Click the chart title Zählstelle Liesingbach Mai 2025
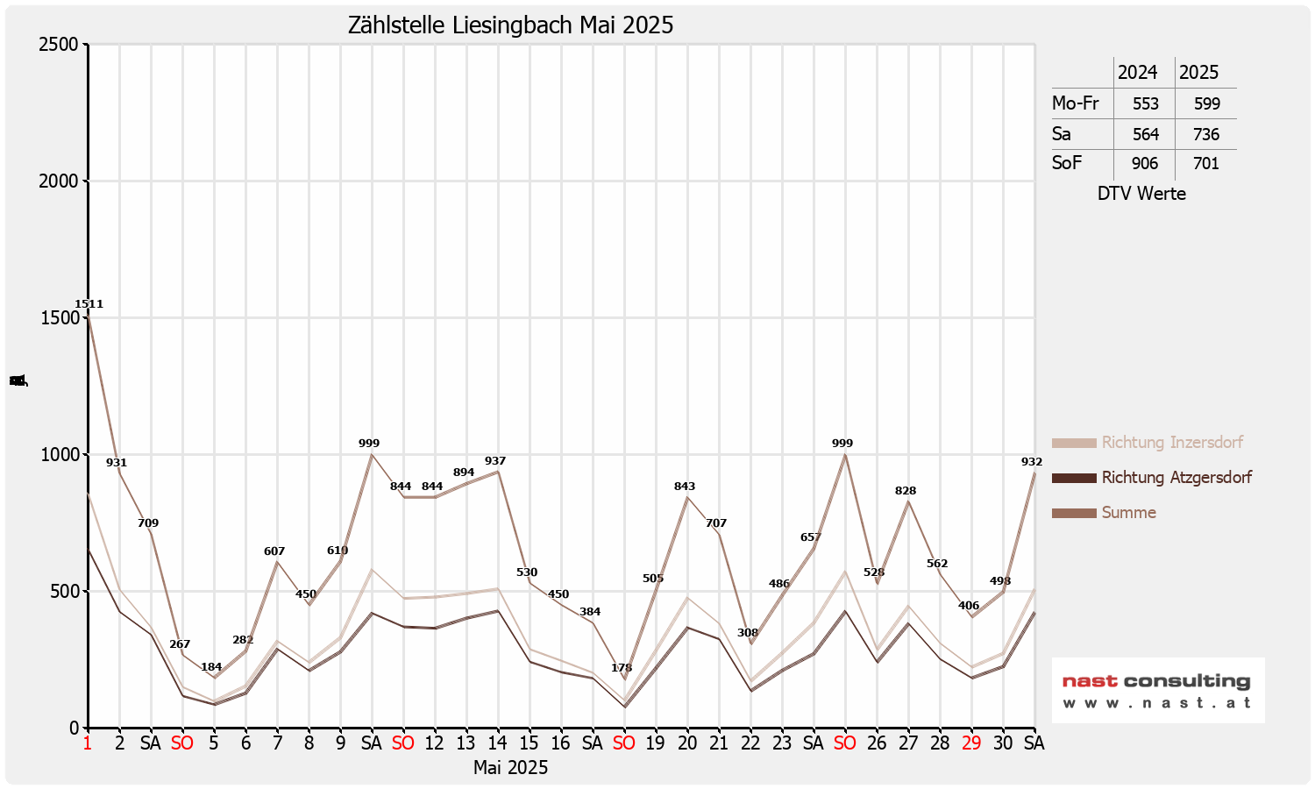pos(510,25)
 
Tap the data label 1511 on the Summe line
pos(89,304)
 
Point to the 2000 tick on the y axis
pos(59,181)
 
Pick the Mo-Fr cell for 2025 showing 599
pos(1206,103)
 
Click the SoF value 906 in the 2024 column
pos(1145,164)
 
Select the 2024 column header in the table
pos(1137,73)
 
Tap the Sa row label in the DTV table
pos(1062,134)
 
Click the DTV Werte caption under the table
pos(1141,194)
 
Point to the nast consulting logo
pos(1157,690)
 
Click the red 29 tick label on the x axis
pos(971,743)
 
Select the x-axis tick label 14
pos(497,743)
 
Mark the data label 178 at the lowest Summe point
pos(622,668)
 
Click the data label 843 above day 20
pos(685,487)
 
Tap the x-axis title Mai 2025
pos(510,768)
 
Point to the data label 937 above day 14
pos(495,461)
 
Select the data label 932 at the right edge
pos(1032,462)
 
